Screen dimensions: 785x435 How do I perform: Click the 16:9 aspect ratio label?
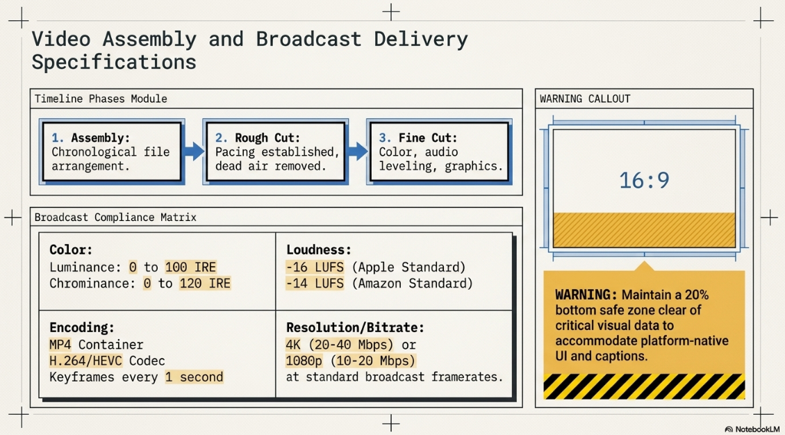pos(644,180)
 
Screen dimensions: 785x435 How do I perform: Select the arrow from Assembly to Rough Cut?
pos(194,151)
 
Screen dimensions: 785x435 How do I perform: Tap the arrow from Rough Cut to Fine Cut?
pos(358,151)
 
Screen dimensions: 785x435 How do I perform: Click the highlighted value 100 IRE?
pos(191,268)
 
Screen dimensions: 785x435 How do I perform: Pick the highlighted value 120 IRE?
pos(205,284)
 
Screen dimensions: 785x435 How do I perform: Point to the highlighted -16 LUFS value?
pos(315,268)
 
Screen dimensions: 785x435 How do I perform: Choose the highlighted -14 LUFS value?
pos(315,284)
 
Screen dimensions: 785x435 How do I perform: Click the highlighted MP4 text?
pos(60,345)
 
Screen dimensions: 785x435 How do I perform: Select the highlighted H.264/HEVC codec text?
pos(85,361)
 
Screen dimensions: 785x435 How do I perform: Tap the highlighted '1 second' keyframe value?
pos(195,377)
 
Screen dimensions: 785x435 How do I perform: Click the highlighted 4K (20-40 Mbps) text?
pos(340,345)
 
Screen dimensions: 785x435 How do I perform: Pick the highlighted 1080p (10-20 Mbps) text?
pos(350,361)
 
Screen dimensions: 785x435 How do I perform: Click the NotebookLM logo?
pos(752,429)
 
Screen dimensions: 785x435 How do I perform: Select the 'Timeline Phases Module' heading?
pos(101,99)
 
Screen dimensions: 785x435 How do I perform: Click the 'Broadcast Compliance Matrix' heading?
pos(115,217)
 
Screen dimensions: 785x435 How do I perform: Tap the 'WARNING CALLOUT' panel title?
pos(585,99)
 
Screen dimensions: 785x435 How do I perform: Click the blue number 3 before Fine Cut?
pos(384,138)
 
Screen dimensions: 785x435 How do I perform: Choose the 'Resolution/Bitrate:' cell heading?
pos(355,328)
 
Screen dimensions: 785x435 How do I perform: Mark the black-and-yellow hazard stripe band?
pos(644,386)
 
